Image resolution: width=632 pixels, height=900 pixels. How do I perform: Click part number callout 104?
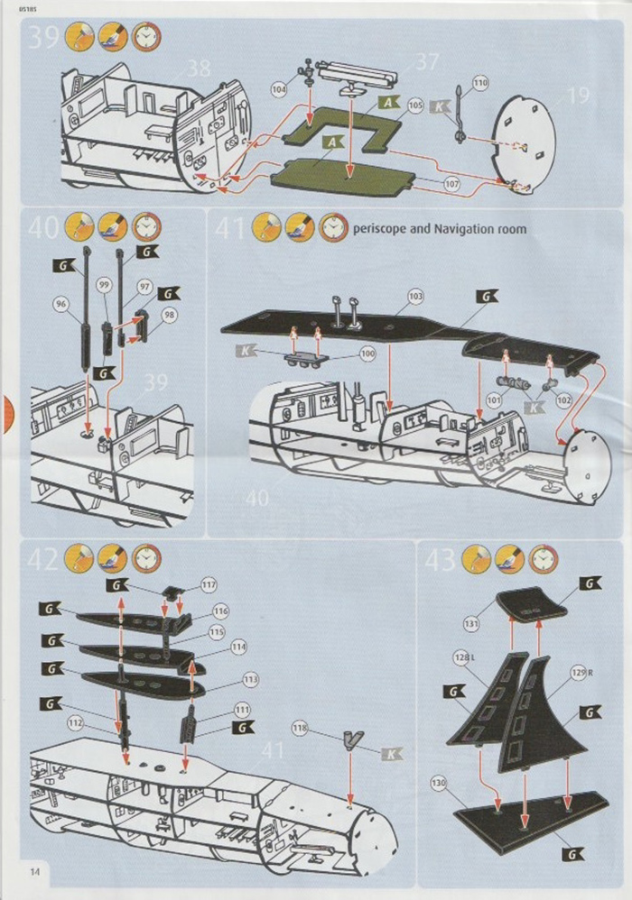(x=279, y=89)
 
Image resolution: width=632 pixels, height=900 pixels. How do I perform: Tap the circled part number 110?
(x=479, y=83)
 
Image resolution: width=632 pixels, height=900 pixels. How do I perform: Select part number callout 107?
(x=451, y=184)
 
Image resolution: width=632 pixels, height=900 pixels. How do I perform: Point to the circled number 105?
(x=415, y=106)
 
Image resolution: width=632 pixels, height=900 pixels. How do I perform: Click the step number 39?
(x=44, y=37)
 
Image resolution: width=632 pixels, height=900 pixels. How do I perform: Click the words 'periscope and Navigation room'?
(x=440, y=229)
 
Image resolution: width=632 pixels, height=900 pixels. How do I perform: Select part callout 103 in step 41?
(x=415, y=296)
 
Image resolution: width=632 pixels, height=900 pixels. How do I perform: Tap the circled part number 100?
(x=367, y=354)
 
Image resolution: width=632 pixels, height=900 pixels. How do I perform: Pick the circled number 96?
(x=62, y=305)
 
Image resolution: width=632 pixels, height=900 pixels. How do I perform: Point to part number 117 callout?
(x=209, y=585)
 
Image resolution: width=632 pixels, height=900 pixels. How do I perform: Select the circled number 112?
(x=76, y=722)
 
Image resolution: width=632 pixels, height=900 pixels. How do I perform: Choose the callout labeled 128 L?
(x=463, y=659)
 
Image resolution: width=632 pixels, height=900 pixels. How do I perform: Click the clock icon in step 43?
(x=543, y=560)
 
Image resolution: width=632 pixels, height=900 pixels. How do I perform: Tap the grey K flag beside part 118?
(x=391, y=753)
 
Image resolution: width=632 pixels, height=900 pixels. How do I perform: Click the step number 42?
(x=43, y=559)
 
